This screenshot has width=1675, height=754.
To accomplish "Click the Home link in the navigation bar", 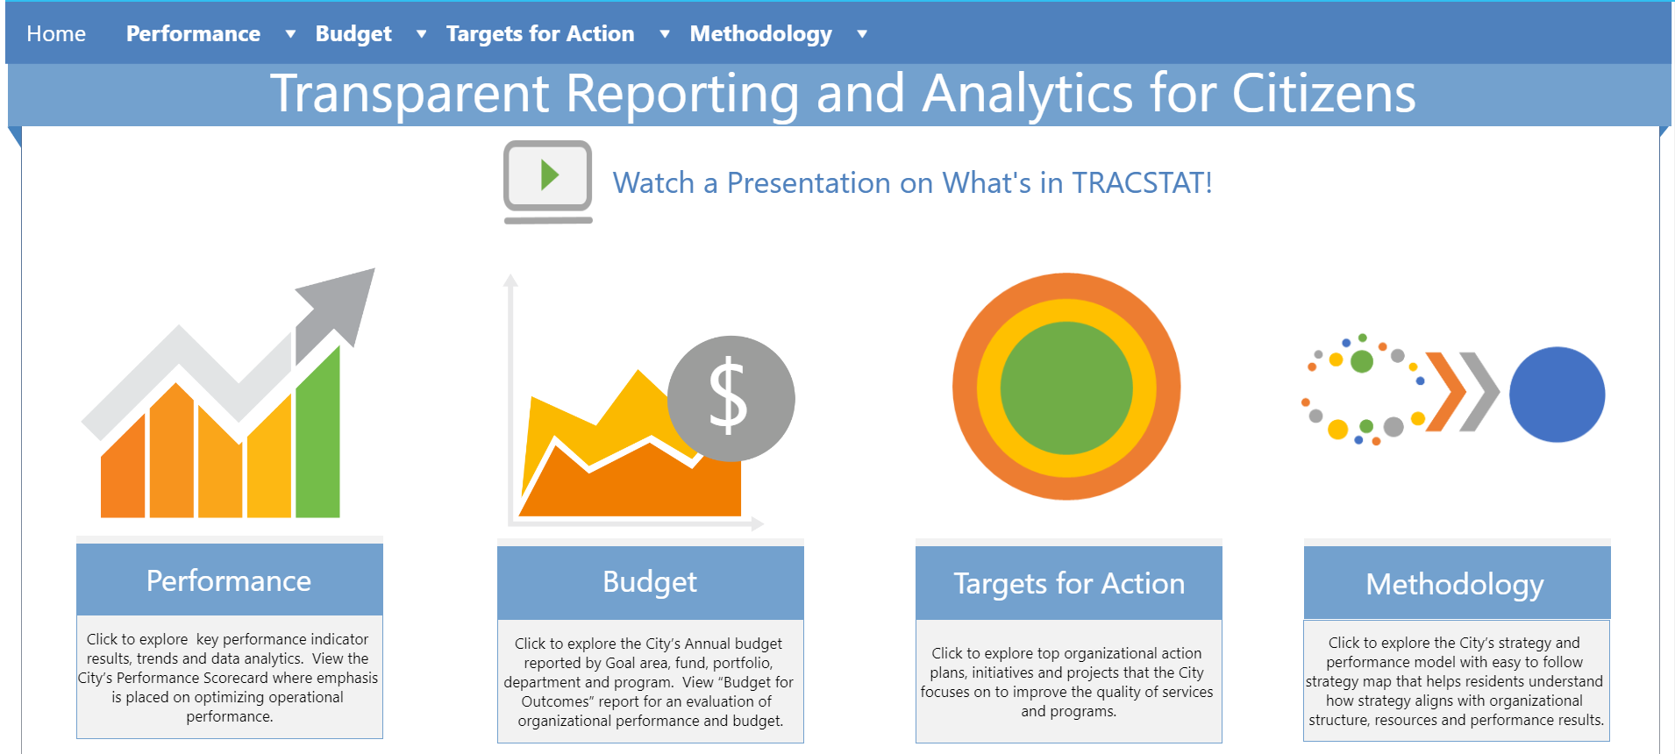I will pyautogui.click(x=56, y=33).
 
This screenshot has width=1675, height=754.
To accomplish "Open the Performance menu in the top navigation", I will pyautogui.click(x=193, y=33).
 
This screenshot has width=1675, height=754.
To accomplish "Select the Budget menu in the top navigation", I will pyautogui.click(x=353, y=33).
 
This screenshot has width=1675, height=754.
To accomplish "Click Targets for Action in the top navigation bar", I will pyautogui.click(x=539, y=33).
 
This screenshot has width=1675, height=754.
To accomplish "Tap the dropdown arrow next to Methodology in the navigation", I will pyautogui.click(x=862, y=34).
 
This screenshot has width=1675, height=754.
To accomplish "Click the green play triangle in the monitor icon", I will pyautogui.click(x=550, y=175).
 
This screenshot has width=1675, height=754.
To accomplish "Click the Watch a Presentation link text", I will pyautogui.click(x=912, y=182).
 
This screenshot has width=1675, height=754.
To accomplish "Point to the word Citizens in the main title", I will pyautogui.click(x=1323, y=93).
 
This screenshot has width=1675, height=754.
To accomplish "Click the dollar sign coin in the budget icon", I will pyautogui.click(x=731, y=398).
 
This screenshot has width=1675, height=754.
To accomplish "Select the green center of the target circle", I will pyautogui.click(x=1066, y=388).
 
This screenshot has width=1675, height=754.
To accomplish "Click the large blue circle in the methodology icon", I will pyautogui.click(x=1557, y=395).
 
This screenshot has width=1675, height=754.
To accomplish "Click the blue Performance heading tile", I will pyautogui.click(x=229, y=580).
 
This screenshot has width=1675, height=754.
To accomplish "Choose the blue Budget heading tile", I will pyautogui.click(x=650, y=582).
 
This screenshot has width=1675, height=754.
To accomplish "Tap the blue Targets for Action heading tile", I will pyautogui.click(x=1068, y=583).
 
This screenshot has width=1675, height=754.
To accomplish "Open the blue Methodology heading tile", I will pyautogui.click(x=1456, y=583).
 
